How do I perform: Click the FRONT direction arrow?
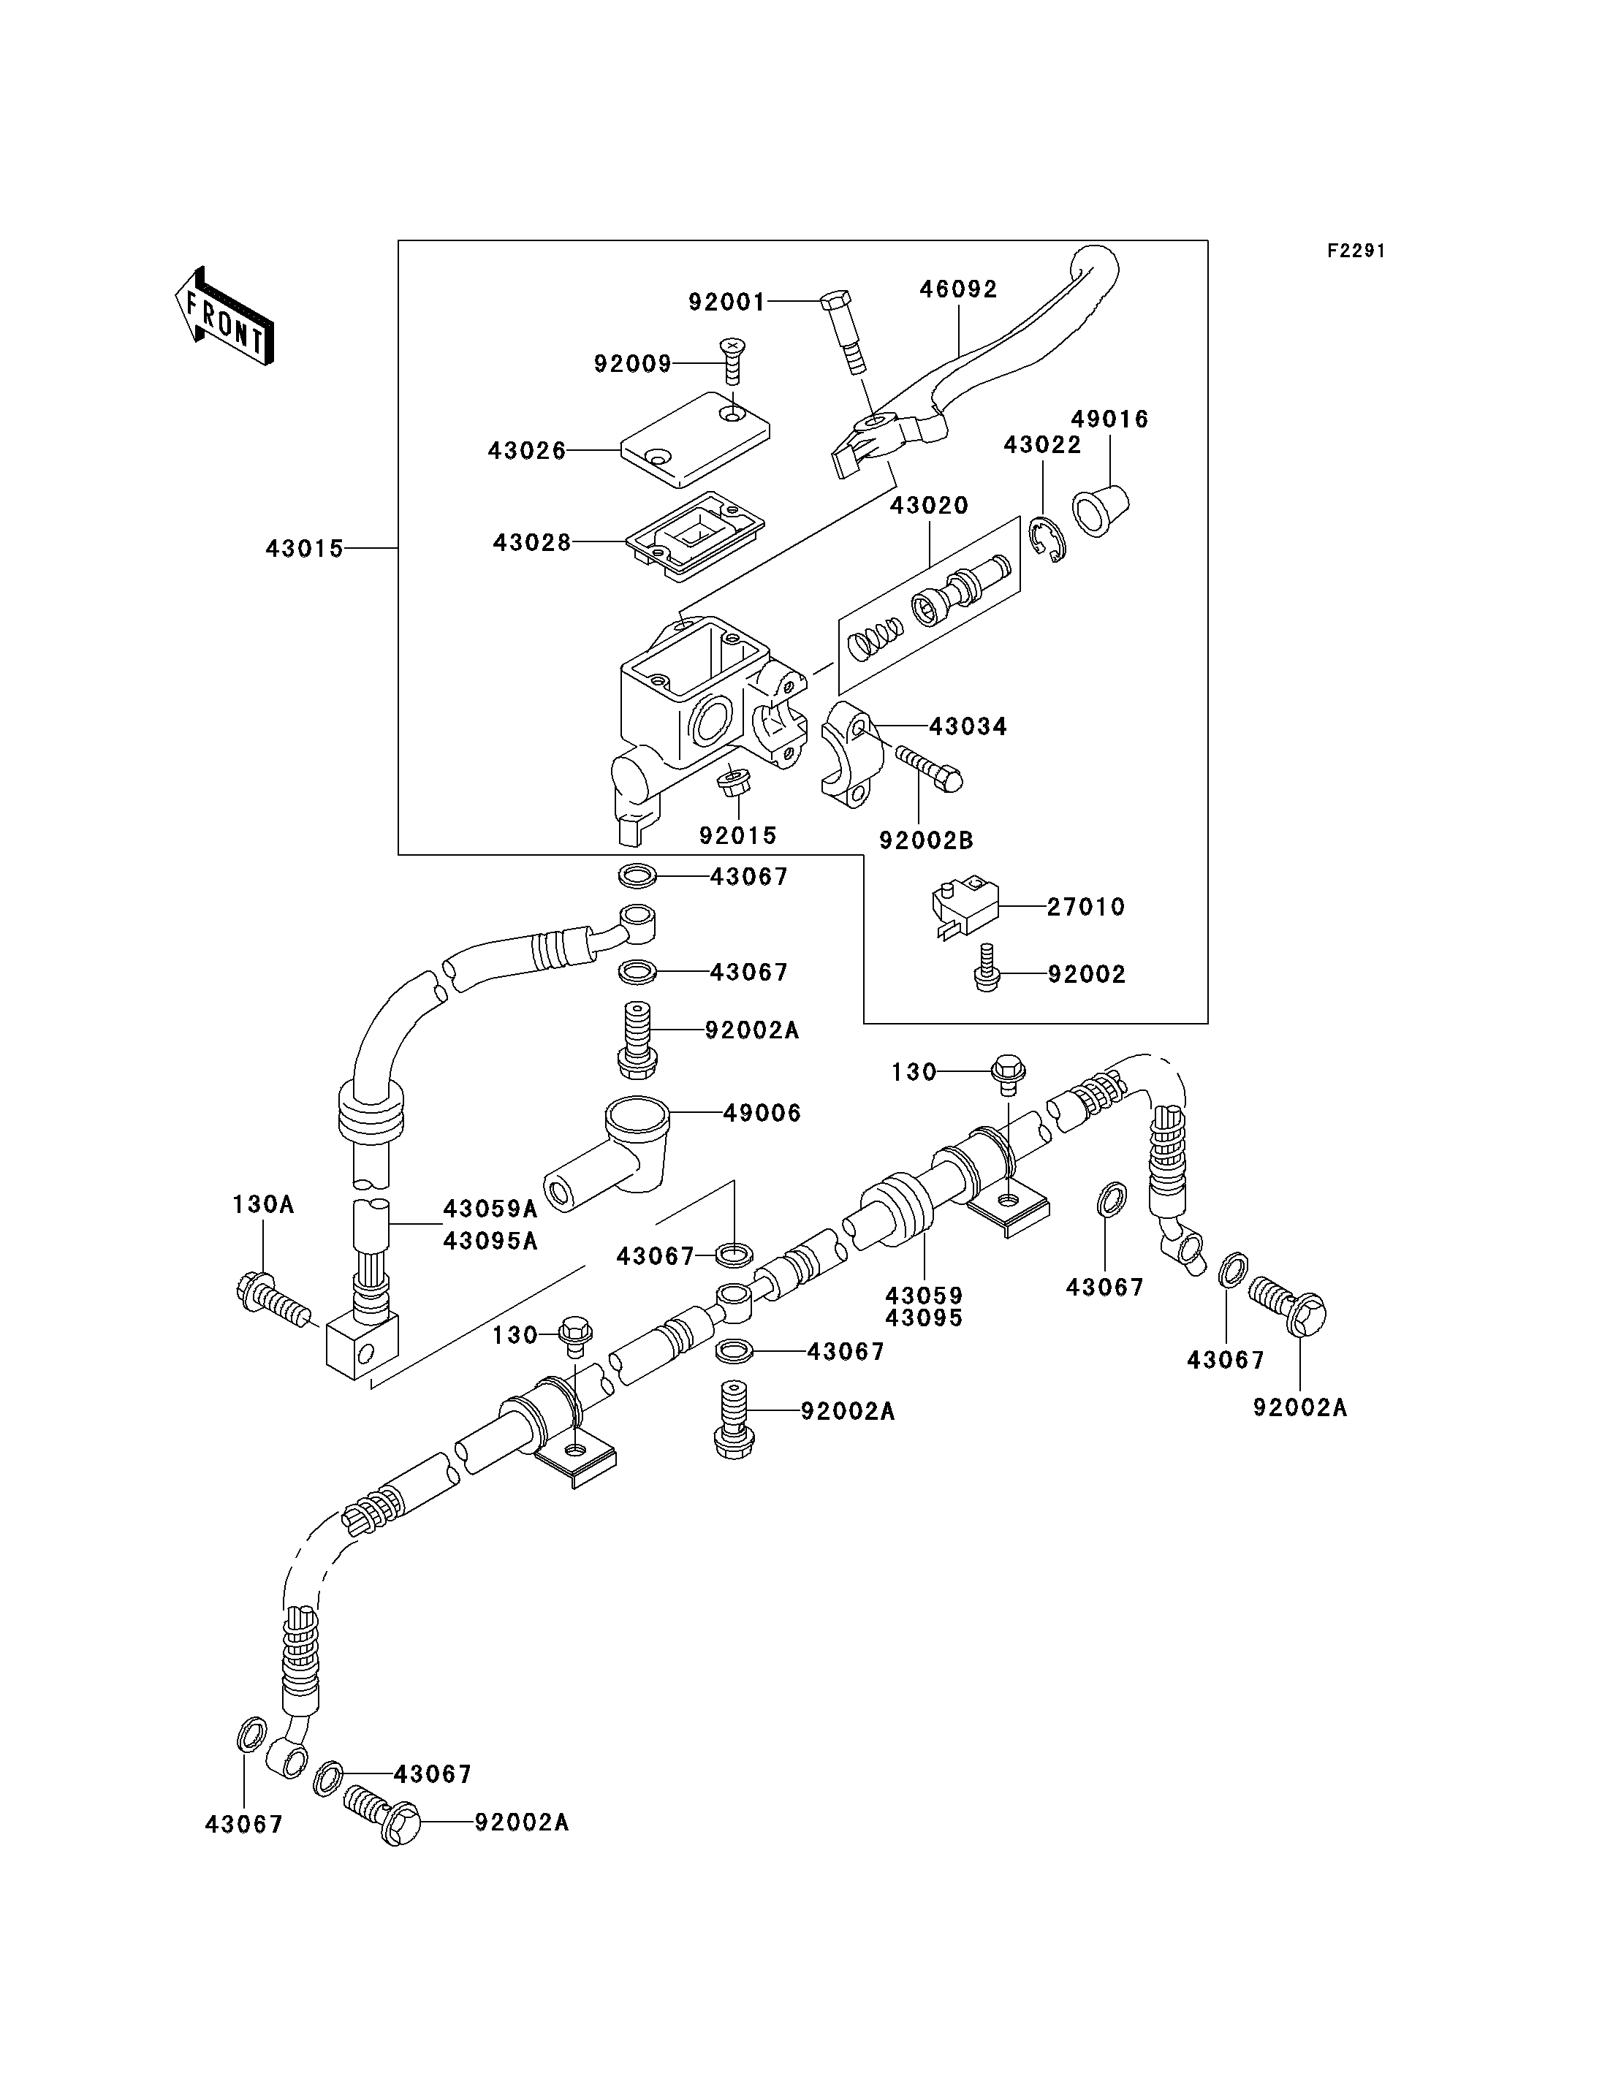[225, 316]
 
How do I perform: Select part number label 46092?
[958, 289]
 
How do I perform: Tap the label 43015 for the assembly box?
[304, 550]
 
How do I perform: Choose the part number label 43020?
[930, 506]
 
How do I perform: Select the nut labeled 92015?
[732, 783]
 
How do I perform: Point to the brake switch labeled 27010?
[963, 909]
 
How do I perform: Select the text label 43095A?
[490, 1241]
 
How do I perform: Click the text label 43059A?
[490, 1209]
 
